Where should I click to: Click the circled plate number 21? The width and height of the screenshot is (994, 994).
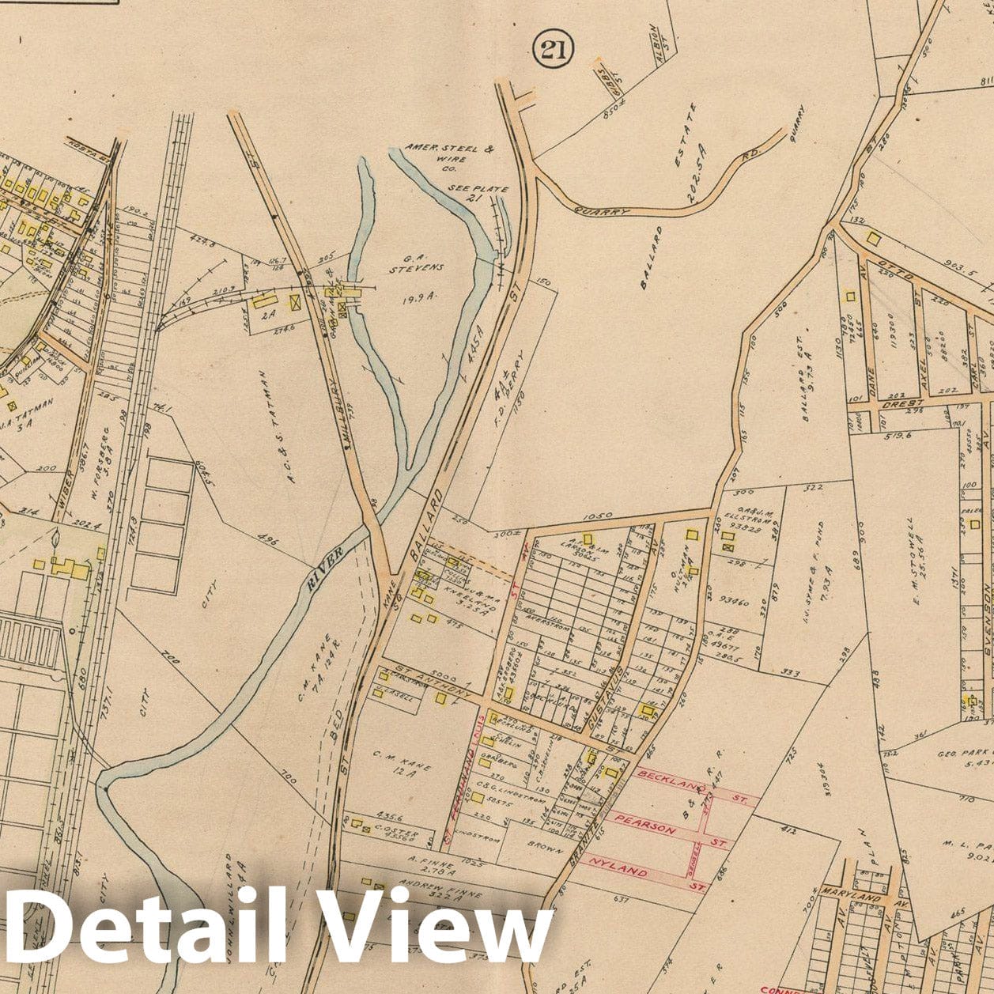point(553,51)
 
